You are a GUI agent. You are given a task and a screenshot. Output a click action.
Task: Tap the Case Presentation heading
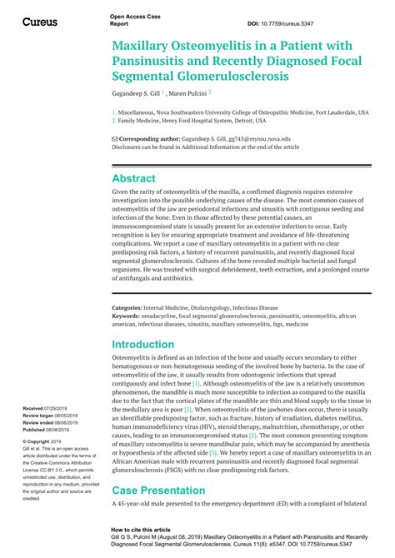[x=158, y=492]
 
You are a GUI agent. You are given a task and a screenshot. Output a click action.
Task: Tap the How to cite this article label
[x=147, y=529]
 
